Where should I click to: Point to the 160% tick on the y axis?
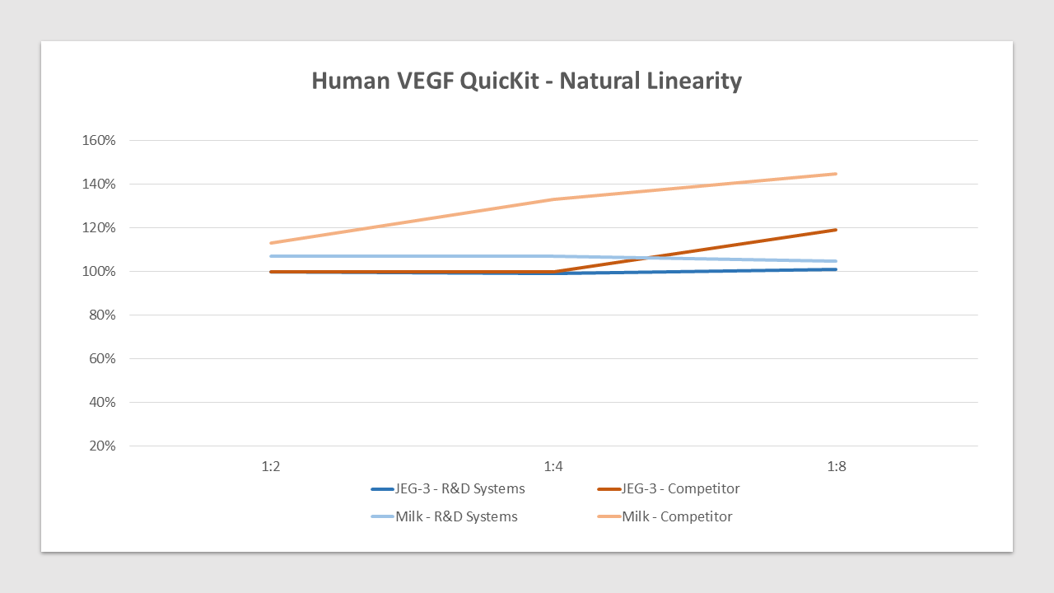99,140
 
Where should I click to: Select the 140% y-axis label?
99,184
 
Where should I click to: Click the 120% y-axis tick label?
99,227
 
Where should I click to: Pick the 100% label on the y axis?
99,271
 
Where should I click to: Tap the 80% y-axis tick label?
102,315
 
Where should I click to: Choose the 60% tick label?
102,358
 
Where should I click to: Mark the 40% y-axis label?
102,402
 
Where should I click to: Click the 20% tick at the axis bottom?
102,446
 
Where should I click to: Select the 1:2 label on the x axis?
271,466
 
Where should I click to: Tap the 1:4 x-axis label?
553,466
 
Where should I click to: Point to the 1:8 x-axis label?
837,466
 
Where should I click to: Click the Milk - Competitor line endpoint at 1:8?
836,174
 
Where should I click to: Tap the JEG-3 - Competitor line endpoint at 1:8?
836,230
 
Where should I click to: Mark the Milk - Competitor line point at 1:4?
553,199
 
